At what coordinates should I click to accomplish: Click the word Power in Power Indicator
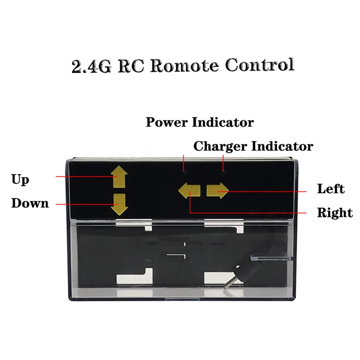(167, 122)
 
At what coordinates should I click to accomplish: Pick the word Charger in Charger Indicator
(220, 147)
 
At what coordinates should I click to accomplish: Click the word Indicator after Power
(223, 122)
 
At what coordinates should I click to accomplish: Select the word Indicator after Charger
(282, 147)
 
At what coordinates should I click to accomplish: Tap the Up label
(20, 179)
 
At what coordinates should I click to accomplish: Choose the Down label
(30, 203)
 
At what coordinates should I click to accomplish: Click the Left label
(330, 189)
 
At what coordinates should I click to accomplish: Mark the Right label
(334, 213)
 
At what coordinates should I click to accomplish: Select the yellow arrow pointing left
(189, 190)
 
